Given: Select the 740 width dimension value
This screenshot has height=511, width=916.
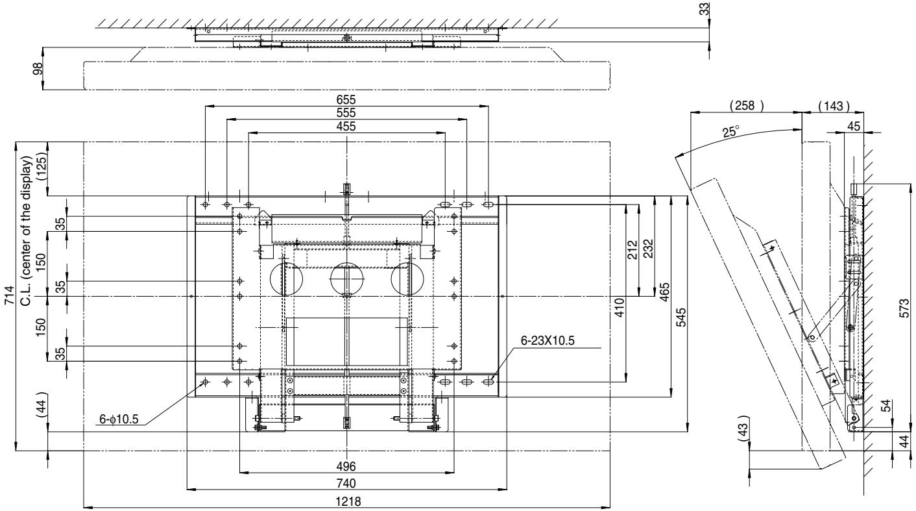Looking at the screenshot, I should pyautogui.click(x=346, y=483).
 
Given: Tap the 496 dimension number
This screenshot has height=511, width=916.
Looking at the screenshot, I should pyautogui.click(x=346, y=466).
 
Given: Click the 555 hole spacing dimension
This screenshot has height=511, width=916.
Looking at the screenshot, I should pyautogui.click(x=346, y=113).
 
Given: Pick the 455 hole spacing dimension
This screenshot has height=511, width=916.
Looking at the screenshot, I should pyautogui.click(x=346, y=127).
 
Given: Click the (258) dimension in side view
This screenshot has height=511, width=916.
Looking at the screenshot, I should pyautogui.click(x=746, y=105).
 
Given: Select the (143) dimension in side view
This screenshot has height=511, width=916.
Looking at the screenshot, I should pyautogui.click(x=833, y=105).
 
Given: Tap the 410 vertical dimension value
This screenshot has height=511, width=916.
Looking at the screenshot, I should pyautogui.click(x=620, y=305).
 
